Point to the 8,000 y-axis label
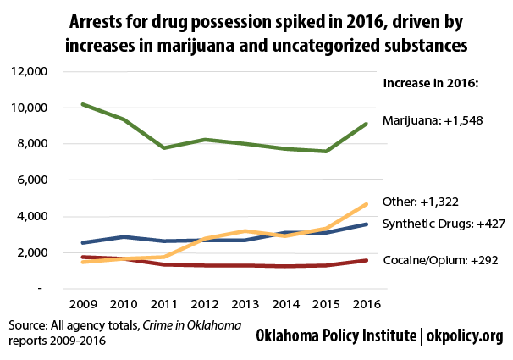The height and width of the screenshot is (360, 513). tap(30, 144)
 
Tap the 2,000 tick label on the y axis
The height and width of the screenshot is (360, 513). tap(30, 252)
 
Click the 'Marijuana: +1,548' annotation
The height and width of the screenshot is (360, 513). tap(433, 120)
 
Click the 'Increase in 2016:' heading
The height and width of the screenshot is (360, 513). tap(432, 83)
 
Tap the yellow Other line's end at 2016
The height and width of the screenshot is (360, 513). tap(366, 204)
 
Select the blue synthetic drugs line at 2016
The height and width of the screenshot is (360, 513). tap(366, 224)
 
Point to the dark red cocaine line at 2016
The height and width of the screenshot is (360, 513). tap(366, 260)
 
